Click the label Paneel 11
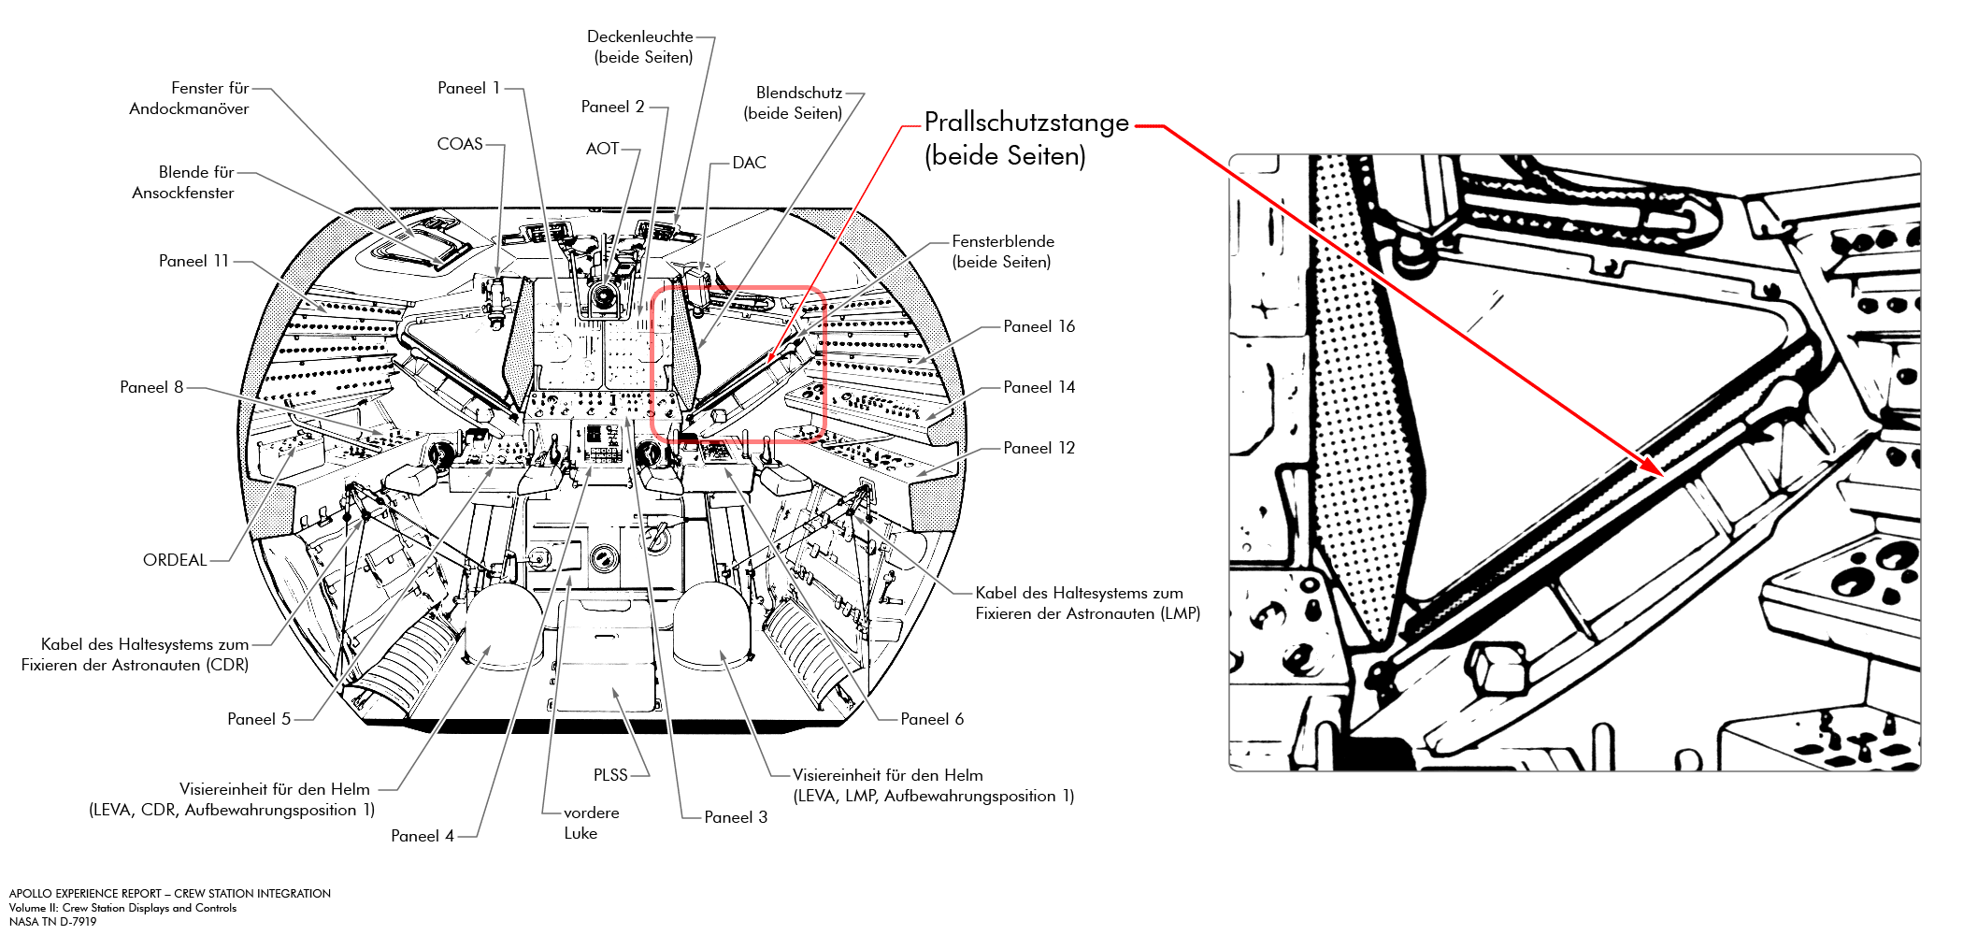[193, 261]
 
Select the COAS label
[460, 144]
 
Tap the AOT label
[602, 149]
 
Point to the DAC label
[749, 163]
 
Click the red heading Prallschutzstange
[1026, 122]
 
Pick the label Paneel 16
[1039, 326]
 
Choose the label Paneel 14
[1039, 387]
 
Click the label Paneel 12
[1039, 448]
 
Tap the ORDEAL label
[175, 560]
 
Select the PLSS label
[610, 775]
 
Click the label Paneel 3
[736, 817]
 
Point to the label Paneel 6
[932, 719]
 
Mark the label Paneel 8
[151, 387]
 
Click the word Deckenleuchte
[640, 36]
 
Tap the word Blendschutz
[799, 93]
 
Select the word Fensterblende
[1003, 241]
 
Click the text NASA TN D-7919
[53, 922]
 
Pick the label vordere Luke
[590, 823]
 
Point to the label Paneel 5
[259, 719]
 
